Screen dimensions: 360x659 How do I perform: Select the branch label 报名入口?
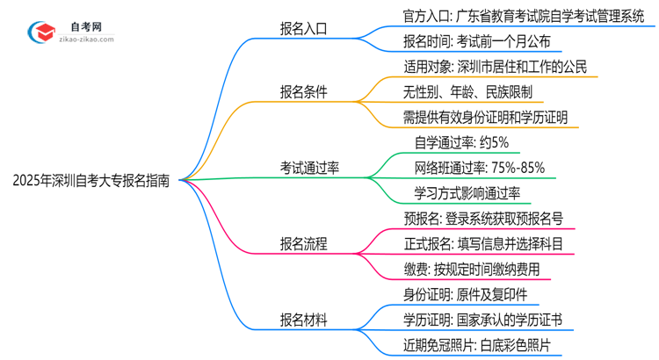302,28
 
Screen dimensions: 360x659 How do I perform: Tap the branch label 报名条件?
302,91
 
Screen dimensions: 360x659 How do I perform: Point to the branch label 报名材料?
302,320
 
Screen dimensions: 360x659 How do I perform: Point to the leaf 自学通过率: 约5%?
460,142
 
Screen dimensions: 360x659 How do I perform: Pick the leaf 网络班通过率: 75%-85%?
481,168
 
